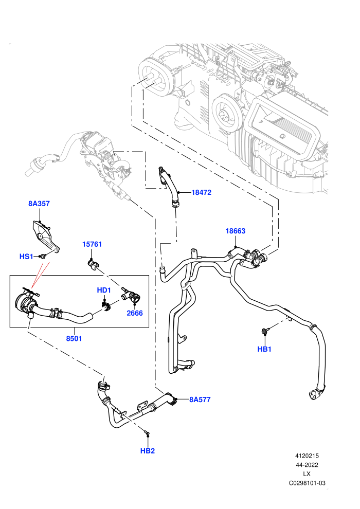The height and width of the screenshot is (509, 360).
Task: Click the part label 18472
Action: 201,192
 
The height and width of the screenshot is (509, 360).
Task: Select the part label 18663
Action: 236,231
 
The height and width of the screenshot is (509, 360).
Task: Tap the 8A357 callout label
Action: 39,204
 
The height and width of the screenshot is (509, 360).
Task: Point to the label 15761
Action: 92,244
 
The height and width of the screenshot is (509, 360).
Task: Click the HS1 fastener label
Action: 26,257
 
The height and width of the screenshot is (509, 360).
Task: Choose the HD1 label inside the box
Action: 104,290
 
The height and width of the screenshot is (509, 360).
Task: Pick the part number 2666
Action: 135,313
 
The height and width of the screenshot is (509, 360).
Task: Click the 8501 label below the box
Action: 74,339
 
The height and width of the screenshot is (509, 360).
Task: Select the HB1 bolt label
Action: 264,349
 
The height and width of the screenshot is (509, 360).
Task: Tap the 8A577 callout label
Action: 200,399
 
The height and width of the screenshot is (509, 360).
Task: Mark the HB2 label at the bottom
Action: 148,451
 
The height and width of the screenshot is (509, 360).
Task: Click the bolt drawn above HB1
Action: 264,331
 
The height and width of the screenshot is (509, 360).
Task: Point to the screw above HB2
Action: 147,433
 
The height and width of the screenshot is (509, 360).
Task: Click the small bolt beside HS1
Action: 42,257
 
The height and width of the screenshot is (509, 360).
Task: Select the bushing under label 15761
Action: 93,264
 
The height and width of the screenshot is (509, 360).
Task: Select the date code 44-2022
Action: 307,465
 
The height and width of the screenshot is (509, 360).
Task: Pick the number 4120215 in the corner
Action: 307,456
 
